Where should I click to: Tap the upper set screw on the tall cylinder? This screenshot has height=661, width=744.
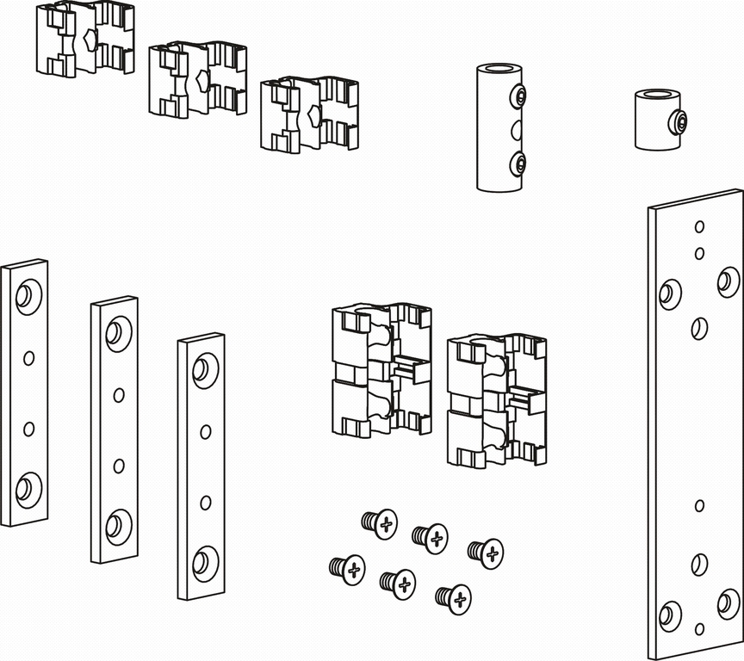pyautogui.click(x=518, y=97)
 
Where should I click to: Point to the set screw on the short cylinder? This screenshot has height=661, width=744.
pyautogui.click(x=679, y=123)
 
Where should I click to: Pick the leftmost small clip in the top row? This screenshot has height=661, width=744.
pyautogui.click(x=84, y=40)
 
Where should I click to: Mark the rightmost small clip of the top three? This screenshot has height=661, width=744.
pyautogui.click(x=310, y=114)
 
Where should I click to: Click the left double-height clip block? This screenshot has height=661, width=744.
pyautogui.click(x=381, y=368)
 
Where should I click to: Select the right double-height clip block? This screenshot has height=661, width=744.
pyautogui.click(x=497, y=399)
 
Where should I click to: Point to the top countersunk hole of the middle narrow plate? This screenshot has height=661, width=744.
pyautogui.click(x=117, y=332)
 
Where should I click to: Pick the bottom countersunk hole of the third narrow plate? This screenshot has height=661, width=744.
pyautogui.click(x=203, y=562)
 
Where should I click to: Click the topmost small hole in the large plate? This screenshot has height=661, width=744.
pyautogui.click(x=699, y=227)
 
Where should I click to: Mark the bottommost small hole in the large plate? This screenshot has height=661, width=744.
pyautogui.click(x=699, y=629)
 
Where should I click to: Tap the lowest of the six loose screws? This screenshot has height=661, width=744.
pyautogui.click(x=454, y=598)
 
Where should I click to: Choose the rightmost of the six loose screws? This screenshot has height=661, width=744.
pyautogui.click(x=487, y=553)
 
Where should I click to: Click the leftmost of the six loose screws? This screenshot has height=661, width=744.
pyautogui.click(x=348, y=569)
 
